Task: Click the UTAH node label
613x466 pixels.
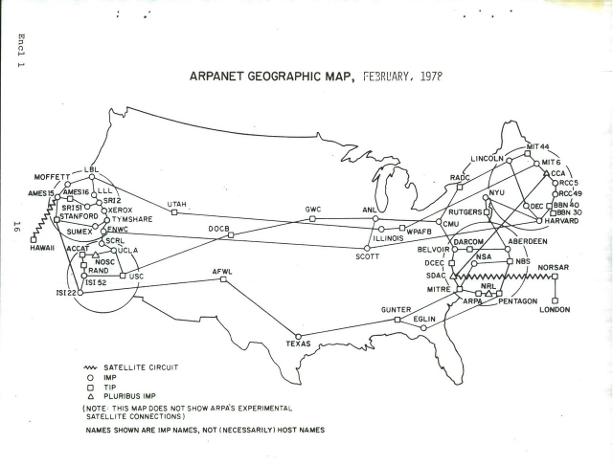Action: click(177, 205)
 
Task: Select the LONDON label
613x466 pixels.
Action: click(555, 310)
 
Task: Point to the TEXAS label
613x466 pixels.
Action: click(299, 343)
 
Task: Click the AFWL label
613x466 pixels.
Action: click(222, 273)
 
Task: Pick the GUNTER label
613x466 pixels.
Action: click(396, 311)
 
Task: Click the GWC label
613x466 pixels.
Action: click(313, 210)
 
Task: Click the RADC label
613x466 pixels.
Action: click(460, 178)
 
